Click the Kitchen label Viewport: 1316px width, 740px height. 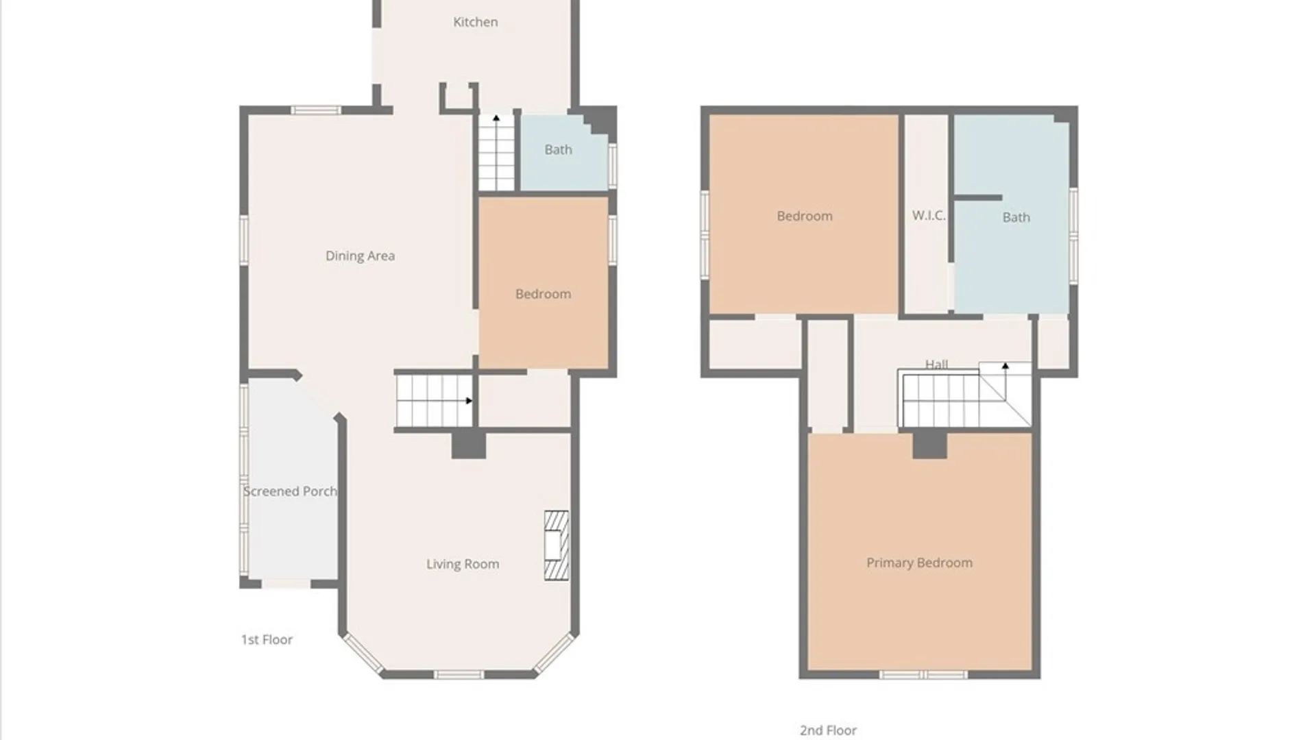tap(475, 22)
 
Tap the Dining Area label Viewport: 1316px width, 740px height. tap(360, 256)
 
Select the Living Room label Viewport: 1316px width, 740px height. tap(463, 564)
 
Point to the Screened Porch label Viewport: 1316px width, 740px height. tap(290, 491)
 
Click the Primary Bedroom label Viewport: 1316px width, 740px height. tap(919, 563)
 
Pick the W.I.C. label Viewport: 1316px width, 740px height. tap(929, 215)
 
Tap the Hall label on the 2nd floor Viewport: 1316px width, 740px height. tap(936, 364)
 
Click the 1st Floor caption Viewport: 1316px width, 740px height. tap(267, 639)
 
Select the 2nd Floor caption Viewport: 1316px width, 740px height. tap(828, 730)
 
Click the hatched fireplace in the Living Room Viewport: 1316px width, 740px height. tap(557, 546)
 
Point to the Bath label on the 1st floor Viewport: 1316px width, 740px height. tap(558, 149)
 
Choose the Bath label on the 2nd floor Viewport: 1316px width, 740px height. tap(1016, 217)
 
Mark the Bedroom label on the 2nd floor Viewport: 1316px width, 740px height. tap(805, 216)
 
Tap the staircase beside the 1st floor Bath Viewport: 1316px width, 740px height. tap(496, 152)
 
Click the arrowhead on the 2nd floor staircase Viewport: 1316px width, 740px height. tap(1006, 367)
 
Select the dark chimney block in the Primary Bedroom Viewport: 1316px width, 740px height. tap(929, 445)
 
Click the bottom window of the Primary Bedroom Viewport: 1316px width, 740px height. tap(923, 675)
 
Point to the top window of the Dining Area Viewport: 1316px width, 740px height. tap(316, 110)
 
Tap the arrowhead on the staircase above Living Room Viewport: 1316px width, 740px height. tap(469, 401)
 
